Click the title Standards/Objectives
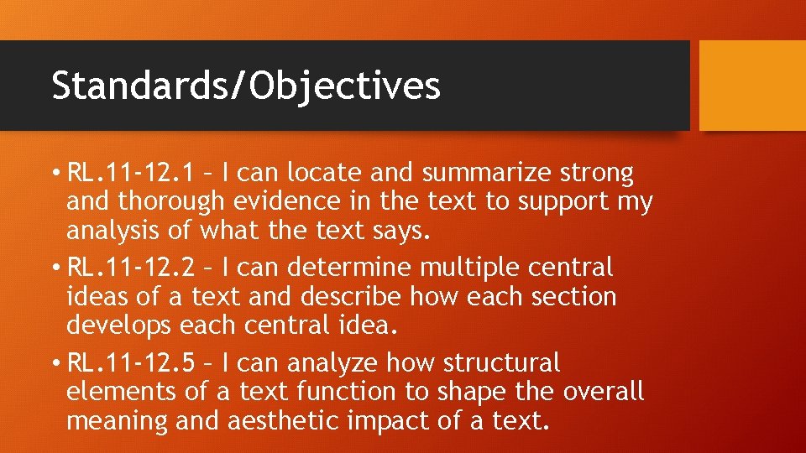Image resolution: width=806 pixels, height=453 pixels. point(245,86)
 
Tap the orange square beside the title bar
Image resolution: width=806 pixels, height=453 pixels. point(752,86)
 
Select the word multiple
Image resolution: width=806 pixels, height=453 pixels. point(470,268)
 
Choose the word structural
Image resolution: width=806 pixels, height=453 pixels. point(501,363)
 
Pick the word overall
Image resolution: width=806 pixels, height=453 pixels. point(603,392)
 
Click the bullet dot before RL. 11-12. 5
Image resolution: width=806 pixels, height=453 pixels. point(55,363)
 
